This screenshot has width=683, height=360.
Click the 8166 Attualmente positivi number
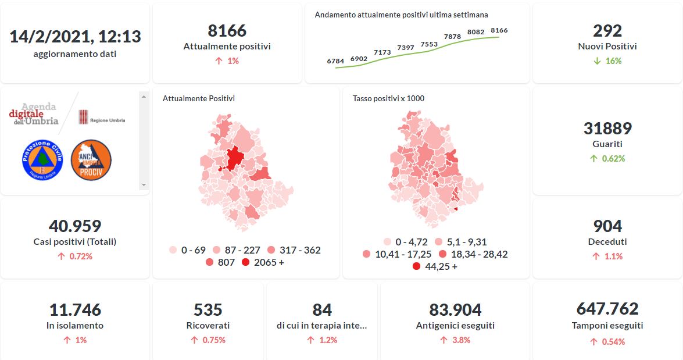pos(227,30)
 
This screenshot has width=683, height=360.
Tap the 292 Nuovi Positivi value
pos(607,30)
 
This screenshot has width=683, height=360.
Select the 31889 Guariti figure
pos(607,128)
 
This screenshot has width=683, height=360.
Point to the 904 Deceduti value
pos(607,226)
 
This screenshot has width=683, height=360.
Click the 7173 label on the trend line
pos(382,52)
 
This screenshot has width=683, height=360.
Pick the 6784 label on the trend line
pos(335,60)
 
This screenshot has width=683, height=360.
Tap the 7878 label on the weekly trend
pos(452,37)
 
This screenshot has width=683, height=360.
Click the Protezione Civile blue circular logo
pos(42,159)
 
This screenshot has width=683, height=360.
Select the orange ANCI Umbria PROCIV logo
pos(91,159)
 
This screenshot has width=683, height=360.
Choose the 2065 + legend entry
pos(263,262)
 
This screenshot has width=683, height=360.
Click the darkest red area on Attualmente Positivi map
pos(235,158)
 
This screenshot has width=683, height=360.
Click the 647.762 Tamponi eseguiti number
pos(607,308)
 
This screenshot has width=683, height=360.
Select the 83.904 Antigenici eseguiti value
pos(455,309)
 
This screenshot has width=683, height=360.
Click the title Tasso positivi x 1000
pos(388,98)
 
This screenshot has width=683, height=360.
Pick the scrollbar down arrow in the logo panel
pos(144,185)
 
